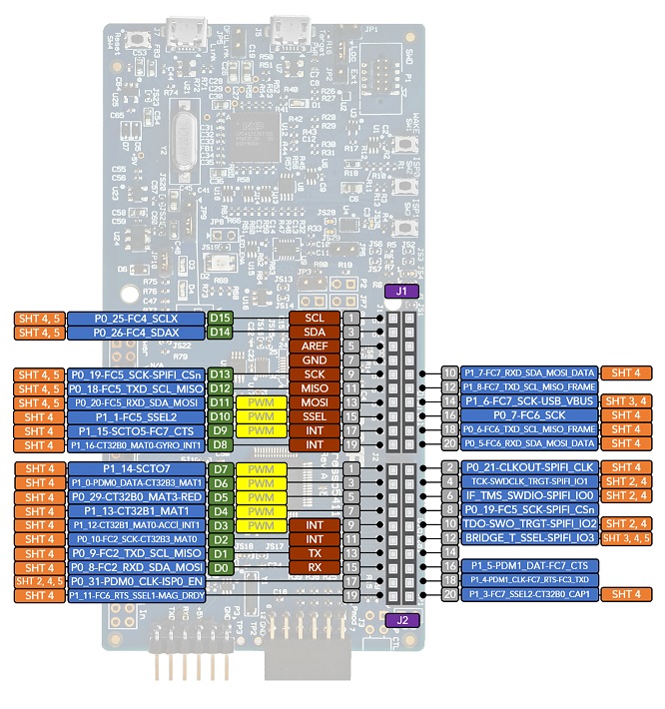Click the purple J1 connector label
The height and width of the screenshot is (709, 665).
pos(401,293)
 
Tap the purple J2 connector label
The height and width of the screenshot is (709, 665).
pos(401,619)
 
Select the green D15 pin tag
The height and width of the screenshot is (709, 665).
pos(221,318)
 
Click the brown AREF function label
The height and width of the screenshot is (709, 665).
pos(315,346)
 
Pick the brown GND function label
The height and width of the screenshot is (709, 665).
pos(315,359)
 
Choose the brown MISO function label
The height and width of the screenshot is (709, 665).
pos(315,387)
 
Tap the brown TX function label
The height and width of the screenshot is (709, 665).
pos(315,553)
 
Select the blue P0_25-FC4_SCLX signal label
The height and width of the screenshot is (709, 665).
pos(137,318)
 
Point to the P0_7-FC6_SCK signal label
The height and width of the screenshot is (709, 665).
pos(530,414)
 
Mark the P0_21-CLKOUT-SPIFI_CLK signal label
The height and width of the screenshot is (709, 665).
pos(530,467)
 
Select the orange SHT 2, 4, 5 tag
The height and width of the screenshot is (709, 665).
pos(40,581)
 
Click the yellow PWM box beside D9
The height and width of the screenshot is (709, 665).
pos(261,429)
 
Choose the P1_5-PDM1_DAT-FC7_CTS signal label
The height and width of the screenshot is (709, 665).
pos(530,566)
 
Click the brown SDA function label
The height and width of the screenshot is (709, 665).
pos(315,332)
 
